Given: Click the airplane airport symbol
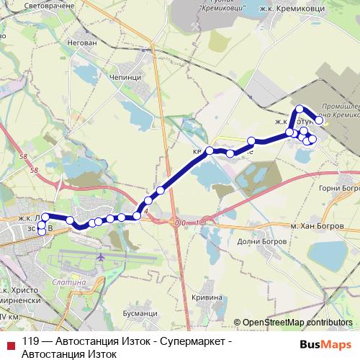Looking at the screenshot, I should (x=100, y=256).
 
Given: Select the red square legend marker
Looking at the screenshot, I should (x=9, y=343).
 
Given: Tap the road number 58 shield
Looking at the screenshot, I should (x=35, y=171).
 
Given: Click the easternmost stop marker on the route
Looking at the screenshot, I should (x=319, y=121).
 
